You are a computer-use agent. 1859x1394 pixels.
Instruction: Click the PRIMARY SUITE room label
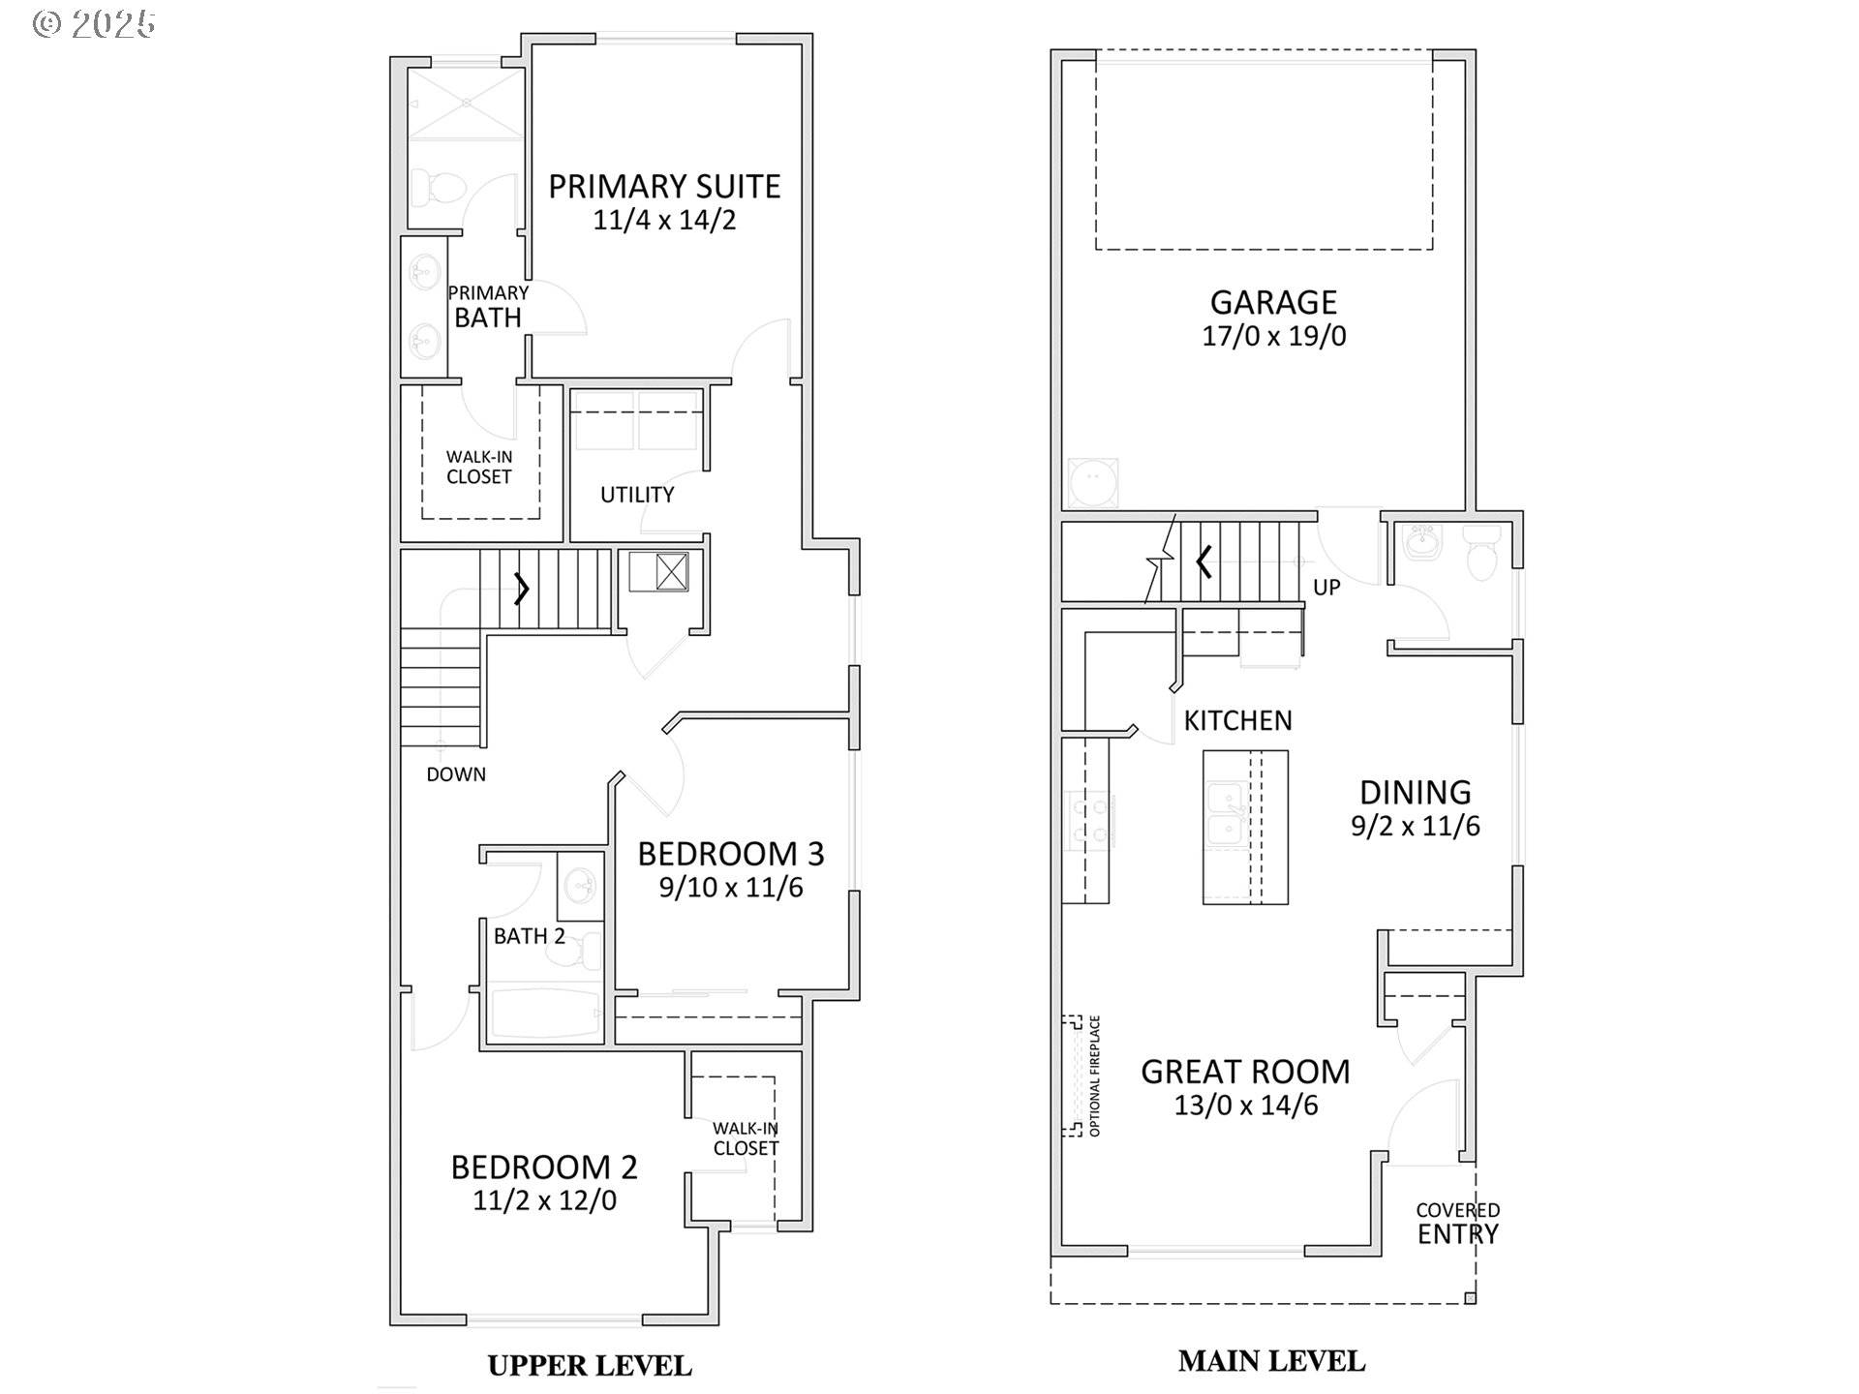click(664, 186)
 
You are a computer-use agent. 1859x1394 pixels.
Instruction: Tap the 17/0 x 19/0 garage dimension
click(1274, 336)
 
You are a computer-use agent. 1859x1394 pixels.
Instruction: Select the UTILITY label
click(637, 495)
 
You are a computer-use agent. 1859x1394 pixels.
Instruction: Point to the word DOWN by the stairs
click(456, 774)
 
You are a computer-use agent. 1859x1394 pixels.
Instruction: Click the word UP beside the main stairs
click(1326, 588)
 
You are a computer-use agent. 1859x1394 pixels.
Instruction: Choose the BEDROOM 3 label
click(731, 854)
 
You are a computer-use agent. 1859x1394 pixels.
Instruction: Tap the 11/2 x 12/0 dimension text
click(545, 1200)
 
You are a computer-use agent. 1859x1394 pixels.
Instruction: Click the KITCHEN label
click(1238, 720)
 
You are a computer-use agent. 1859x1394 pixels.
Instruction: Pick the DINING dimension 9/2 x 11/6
click(1416, 826)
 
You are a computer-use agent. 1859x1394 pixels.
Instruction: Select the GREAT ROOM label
click(1245, 1072)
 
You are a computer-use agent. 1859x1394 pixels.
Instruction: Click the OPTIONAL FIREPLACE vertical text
click(1095, 1076)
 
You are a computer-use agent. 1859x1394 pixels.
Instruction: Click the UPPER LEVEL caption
click(590, 1366)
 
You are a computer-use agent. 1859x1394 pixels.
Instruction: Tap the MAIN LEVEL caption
click(1272, 1361)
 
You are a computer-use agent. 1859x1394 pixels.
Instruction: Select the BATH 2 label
click(530, 936)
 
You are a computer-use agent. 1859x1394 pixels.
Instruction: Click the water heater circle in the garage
click(1093, 483)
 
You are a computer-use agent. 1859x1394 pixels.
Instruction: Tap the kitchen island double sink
click(1226, 813)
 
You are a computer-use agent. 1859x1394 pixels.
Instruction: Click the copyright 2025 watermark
click(94, 23)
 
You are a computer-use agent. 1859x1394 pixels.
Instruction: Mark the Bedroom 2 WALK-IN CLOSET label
click(746, 1138)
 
